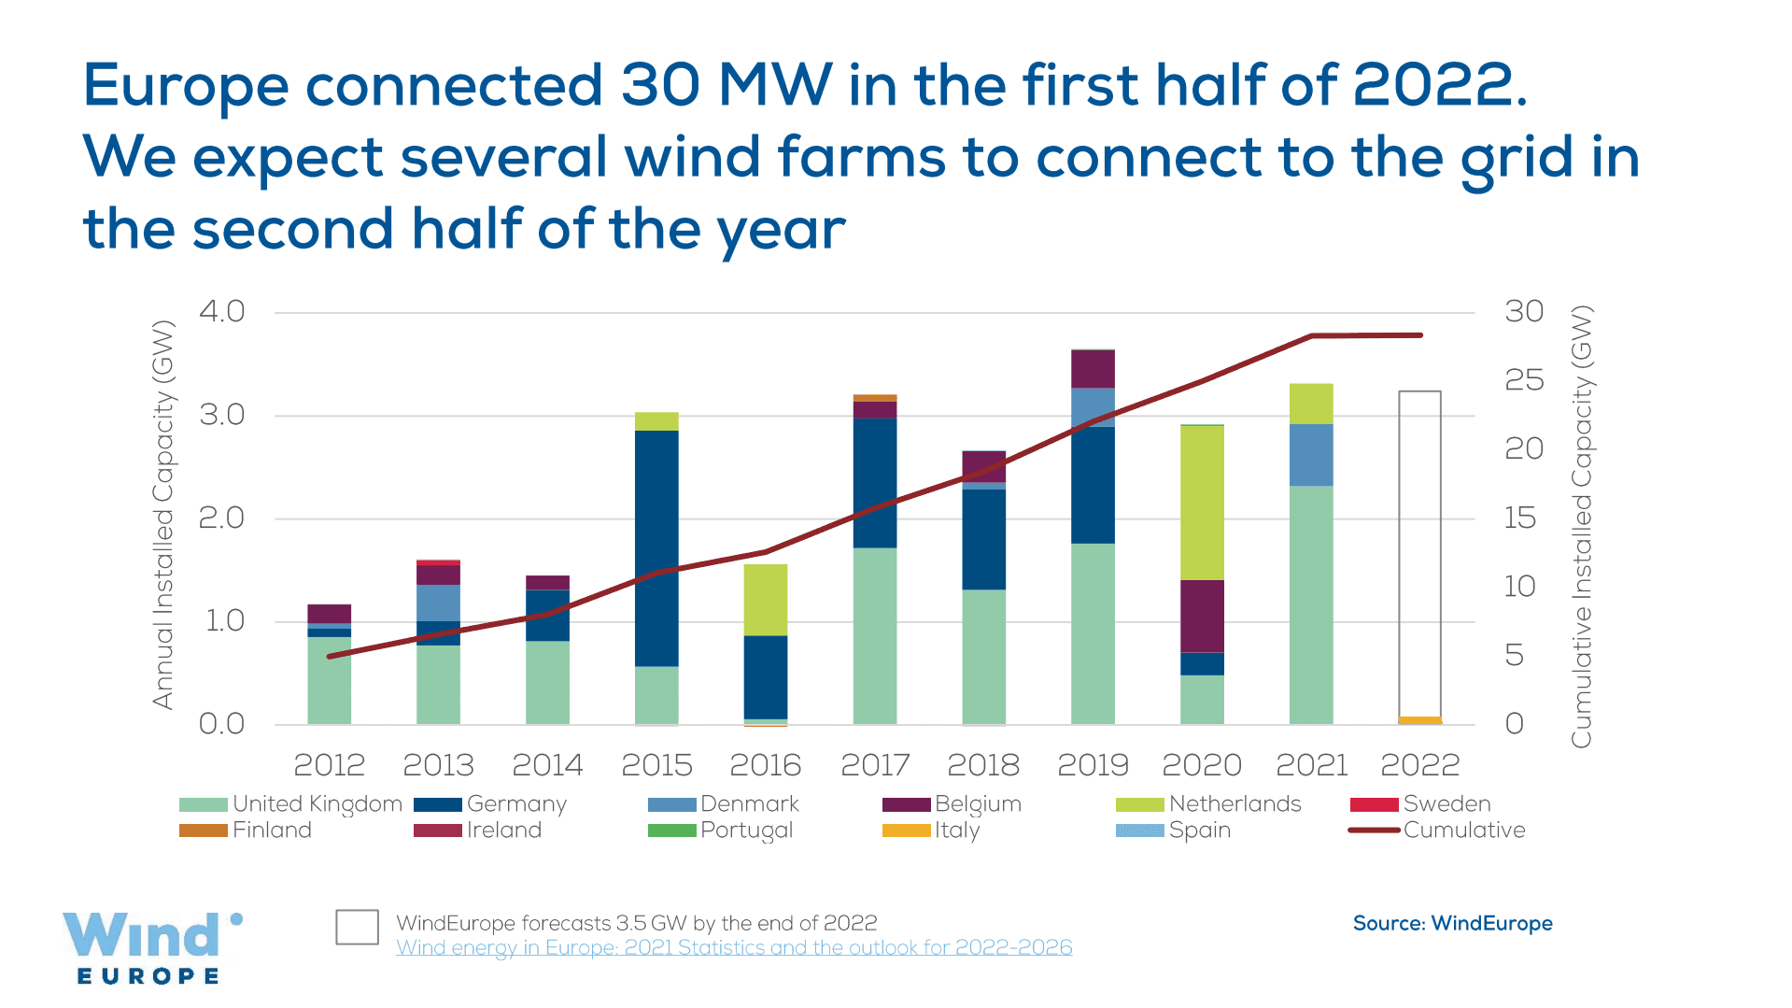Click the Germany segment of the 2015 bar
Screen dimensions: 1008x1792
(656, 547)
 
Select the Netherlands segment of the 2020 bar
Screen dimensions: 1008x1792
(1202, 502)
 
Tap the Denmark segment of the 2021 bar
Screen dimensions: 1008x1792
(1311, 455)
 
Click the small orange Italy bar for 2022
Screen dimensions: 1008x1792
(1419, 720)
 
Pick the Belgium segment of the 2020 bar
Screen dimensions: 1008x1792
(1202, 616)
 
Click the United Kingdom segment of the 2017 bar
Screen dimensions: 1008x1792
(875, 635)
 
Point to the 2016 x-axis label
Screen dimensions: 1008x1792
(765, 765)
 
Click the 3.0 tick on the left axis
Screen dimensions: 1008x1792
(222, 415)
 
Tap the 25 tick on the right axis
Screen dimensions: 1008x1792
(1524, 380)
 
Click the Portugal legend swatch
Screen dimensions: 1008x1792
(671, 830)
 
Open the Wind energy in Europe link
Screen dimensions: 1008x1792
(734, 947)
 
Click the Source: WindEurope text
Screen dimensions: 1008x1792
(1452, 923)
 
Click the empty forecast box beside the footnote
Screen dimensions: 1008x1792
(357, 927)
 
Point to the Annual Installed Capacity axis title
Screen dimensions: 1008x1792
(163, 515)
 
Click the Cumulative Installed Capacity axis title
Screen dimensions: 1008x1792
(1580, 527)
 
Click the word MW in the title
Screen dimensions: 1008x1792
(774, 85)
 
